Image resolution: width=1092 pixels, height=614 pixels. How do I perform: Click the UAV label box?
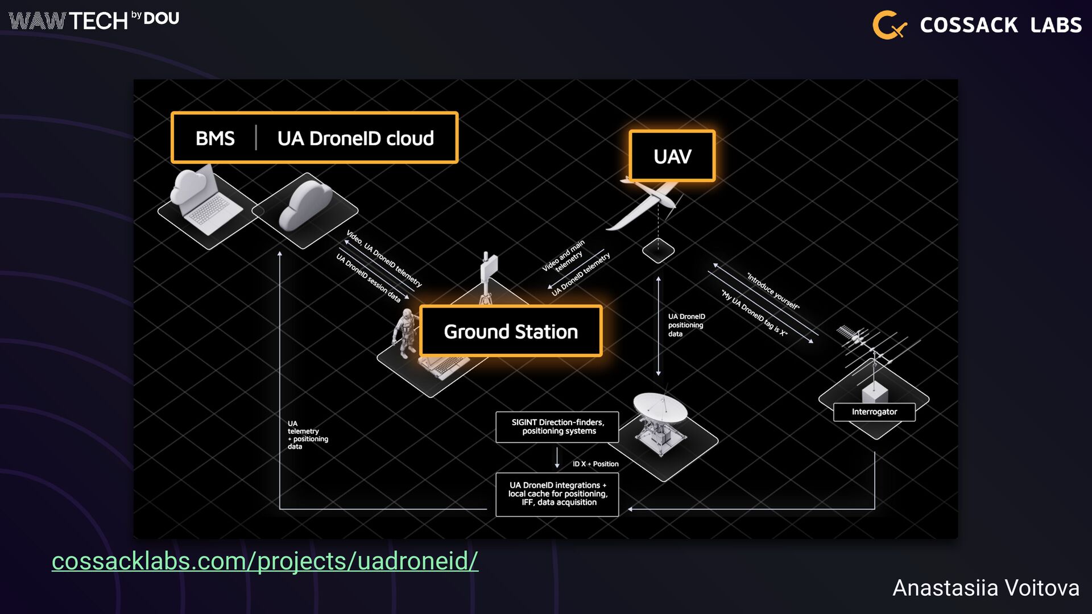672,156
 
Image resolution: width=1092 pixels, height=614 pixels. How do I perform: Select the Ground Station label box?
510,331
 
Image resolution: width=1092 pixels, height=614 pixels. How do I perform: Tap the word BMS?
215,138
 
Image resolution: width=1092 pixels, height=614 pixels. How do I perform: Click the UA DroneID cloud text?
355,138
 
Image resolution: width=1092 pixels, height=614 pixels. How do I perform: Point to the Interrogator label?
874,412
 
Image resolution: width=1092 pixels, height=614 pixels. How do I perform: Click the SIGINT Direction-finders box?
557,427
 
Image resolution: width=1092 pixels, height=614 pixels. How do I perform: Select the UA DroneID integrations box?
557,494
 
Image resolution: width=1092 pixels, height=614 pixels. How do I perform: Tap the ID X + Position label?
595,464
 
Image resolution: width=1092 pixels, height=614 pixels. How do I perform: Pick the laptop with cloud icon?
202,202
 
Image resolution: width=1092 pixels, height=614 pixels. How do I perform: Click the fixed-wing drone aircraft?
648,202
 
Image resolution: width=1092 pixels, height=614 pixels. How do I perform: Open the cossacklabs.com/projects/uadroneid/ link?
265,561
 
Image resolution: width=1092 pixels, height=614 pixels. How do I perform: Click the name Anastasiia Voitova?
986,588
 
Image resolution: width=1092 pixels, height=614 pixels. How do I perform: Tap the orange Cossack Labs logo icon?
889,25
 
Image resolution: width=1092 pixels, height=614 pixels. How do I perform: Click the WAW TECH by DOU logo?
94,20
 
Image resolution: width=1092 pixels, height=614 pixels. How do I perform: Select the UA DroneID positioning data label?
686,325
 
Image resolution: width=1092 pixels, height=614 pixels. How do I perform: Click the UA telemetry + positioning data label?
307,435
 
